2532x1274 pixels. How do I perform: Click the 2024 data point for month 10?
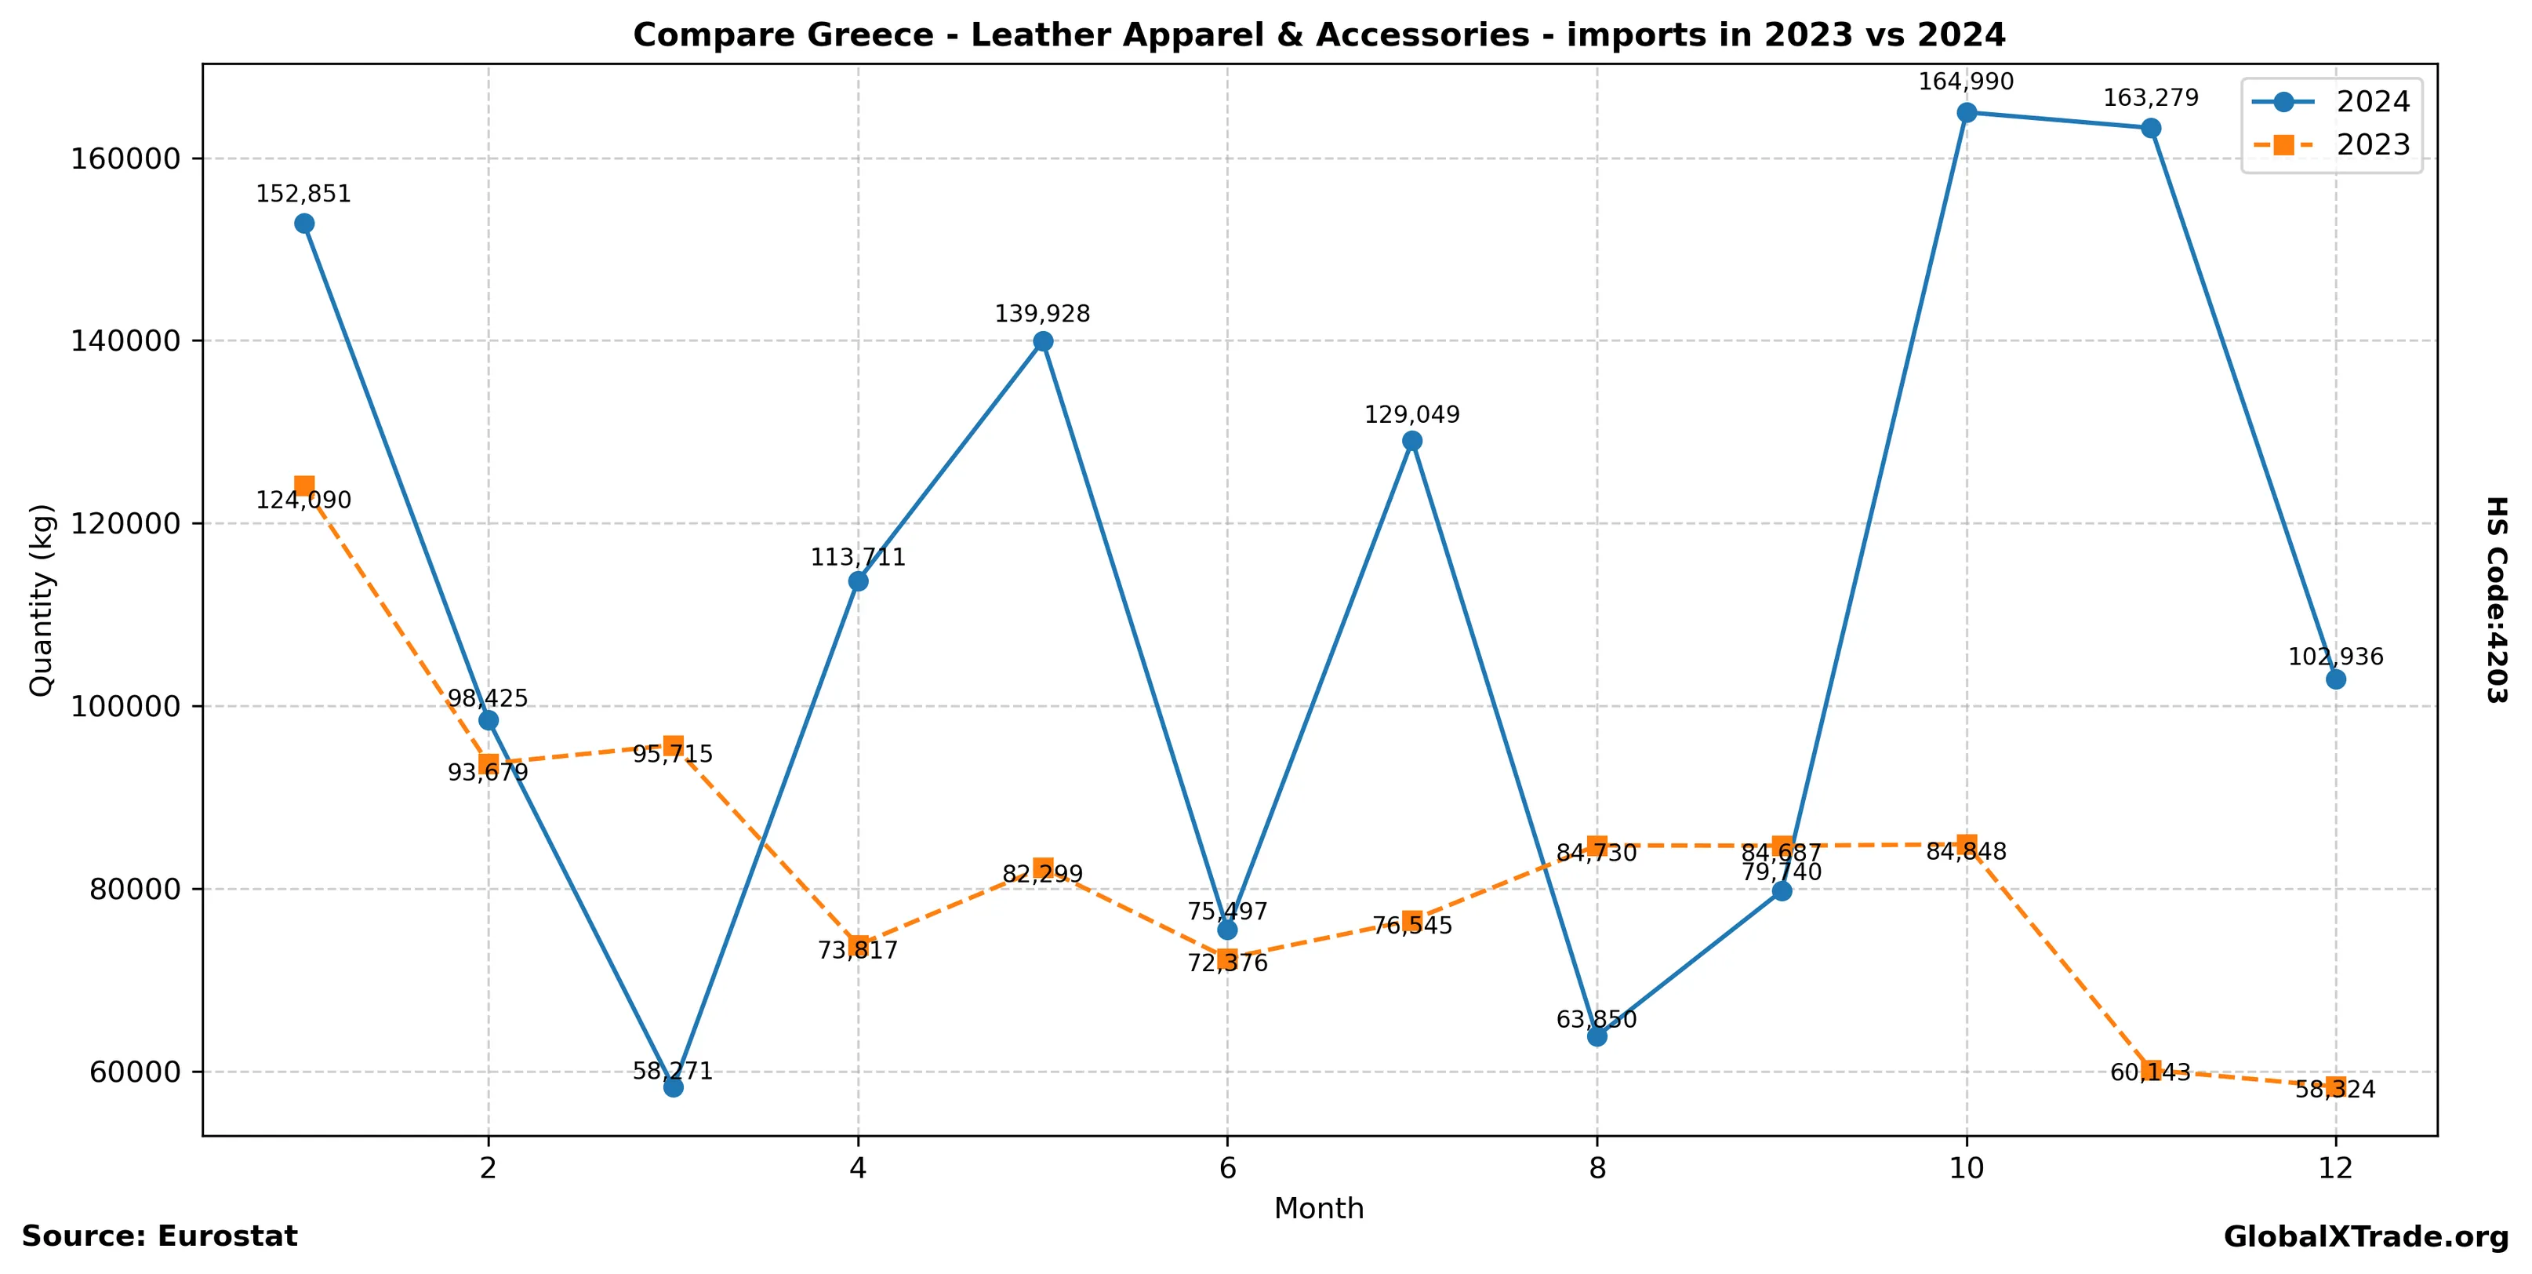1967,112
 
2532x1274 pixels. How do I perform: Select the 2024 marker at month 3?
674,1087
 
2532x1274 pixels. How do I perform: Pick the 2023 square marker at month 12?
2335,1087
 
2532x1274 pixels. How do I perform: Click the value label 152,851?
303,195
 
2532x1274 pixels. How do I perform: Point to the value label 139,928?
1043,315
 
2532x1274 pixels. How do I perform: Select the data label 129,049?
1412,415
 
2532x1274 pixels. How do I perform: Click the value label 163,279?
2151,98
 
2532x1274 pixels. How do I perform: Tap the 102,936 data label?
2335,657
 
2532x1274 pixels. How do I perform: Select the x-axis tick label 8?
1597,1168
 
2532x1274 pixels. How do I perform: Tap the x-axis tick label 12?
2335,1168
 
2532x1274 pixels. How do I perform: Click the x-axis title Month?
1319,1208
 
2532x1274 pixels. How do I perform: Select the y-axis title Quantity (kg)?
42,599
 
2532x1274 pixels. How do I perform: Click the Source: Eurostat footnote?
159,1236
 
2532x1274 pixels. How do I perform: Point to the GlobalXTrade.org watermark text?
2366,1238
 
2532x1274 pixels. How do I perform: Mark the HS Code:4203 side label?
2497,599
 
